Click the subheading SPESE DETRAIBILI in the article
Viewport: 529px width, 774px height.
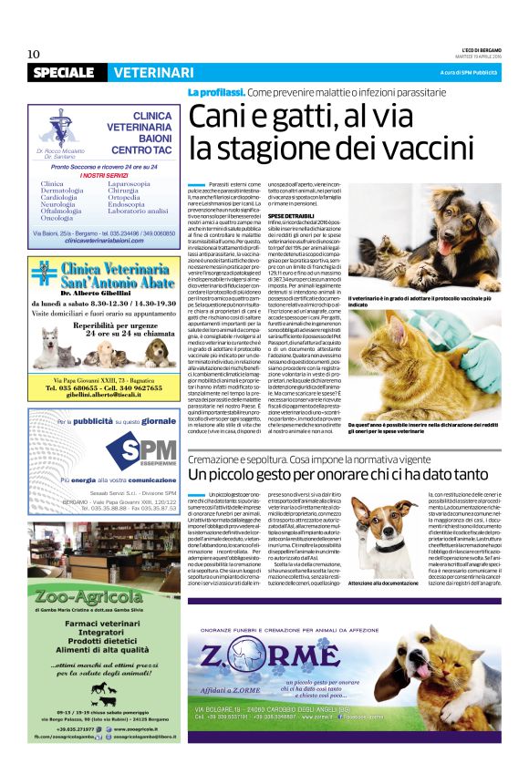pos(291,214)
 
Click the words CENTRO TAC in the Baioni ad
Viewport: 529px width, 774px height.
pos(141,149)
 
